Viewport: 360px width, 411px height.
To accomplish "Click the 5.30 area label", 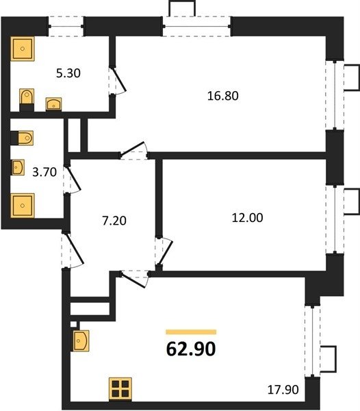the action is [68, 73].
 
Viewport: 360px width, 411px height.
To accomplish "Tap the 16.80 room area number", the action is [223, 96].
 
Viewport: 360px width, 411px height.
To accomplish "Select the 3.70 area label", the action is [44, 172].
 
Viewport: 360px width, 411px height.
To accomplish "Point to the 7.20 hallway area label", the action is [114, 221].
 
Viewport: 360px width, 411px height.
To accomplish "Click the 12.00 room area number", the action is [248, 218].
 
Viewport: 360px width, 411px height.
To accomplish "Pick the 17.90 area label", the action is [283, 390].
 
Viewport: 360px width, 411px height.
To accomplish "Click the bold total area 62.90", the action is [191, 349].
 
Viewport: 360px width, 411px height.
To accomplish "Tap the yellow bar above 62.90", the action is [191, 332].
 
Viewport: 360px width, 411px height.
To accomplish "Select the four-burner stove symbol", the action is [120, 388].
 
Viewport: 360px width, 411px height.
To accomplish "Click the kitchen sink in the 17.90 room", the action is [81, 340].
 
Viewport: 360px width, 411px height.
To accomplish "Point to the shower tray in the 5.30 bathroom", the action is [23, 49].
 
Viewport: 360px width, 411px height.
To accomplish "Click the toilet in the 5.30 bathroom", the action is [27, 99].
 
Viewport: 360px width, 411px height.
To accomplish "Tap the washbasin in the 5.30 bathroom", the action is [53, 104].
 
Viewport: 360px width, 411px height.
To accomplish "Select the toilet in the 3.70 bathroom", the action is [22, 138].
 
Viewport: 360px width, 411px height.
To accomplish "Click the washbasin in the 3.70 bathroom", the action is [18, 167].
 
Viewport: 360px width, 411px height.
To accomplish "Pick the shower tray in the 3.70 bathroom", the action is [23, 206].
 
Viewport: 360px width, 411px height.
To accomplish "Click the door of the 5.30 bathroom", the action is [118, 81].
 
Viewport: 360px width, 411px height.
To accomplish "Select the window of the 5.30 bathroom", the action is [66, 26].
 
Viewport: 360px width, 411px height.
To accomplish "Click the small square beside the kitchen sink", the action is [73, 324].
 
